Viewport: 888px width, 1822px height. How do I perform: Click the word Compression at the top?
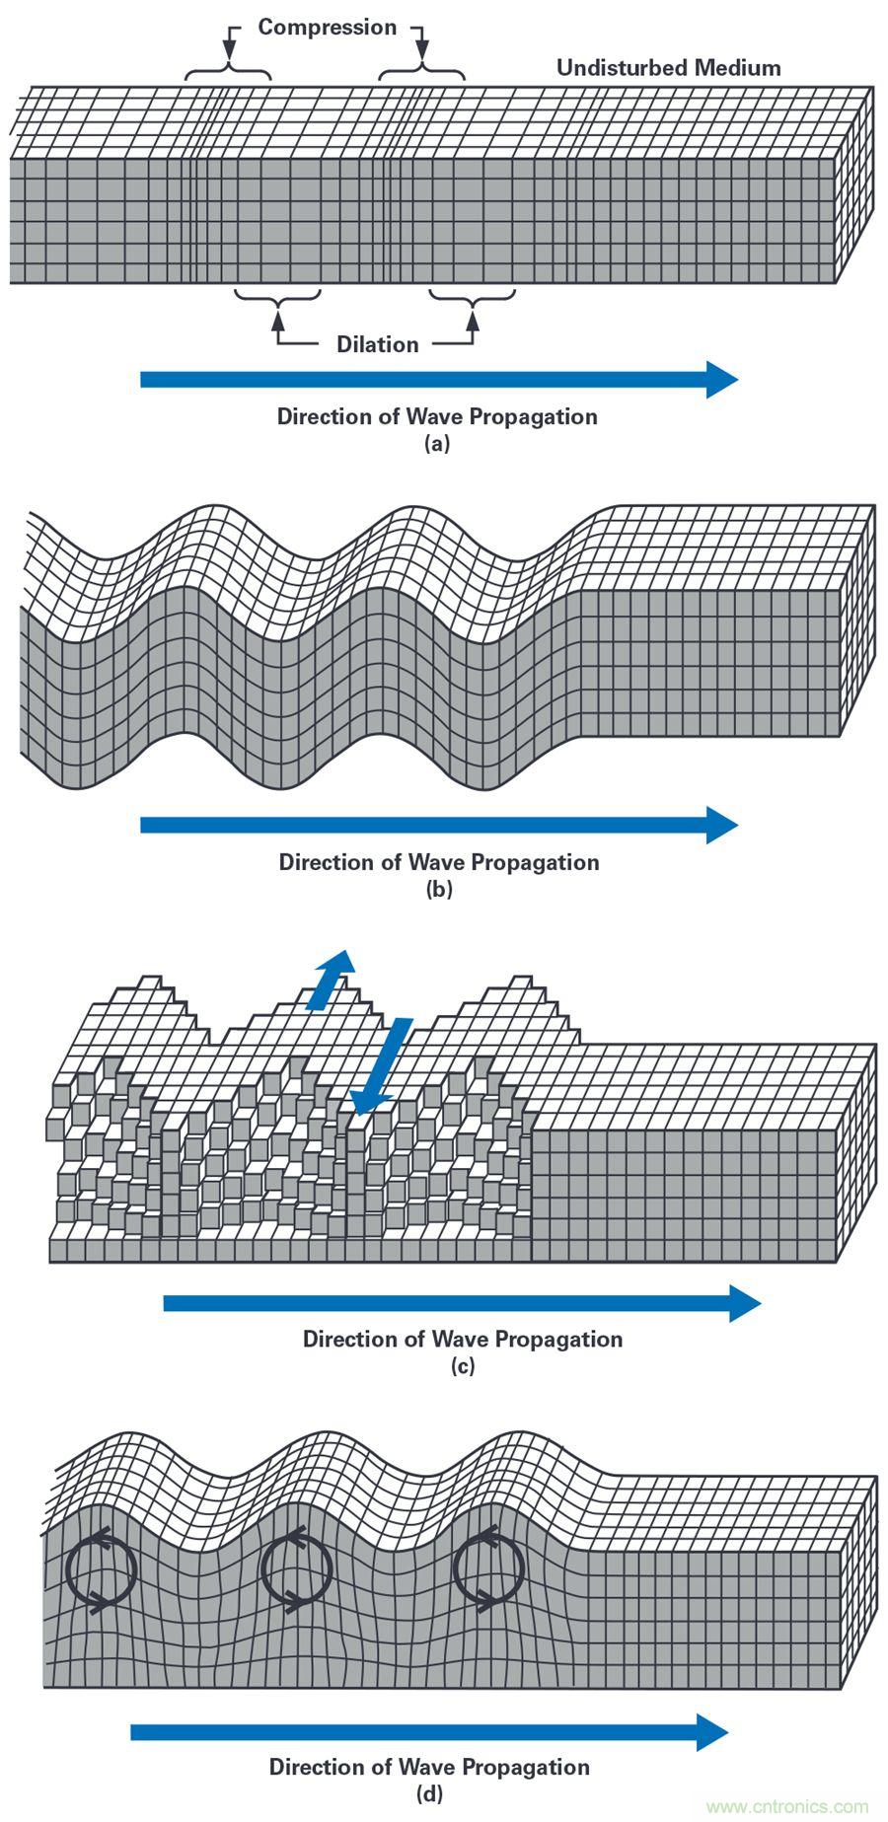click(x=327, y=28)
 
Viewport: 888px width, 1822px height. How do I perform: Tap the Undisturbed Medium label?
click(x=668, y=68)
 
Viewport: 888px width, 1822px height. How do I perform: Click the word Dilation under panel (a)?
click(x=377, y=344)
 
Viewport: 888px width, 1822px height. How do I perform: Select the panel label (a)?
click(x=436, y=444)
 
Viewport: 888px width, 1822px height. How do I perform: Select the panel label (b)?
click(x=438, y=889)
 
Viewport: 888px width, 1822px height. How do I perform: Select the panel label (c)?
click(x=462, y=1366)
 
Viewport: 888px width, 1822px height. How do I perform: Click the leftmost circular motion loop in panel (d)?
click(x=100, y=1570)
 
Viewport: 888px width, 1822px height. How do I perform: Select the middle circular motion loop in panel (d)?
click(x=295, y=1570)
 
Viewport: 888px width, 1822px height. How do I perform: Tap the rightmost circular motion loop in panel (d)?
click(x=488, y=1570)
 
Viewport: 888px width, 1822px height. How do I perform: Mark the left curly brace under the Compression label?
click(x=228, y=72)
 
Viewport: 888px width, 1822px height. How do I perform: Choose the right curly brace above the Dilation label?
click(x=472, y=295)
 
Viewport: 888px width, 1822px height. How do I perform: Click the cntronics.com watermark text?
click(x=787, y=1807)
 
